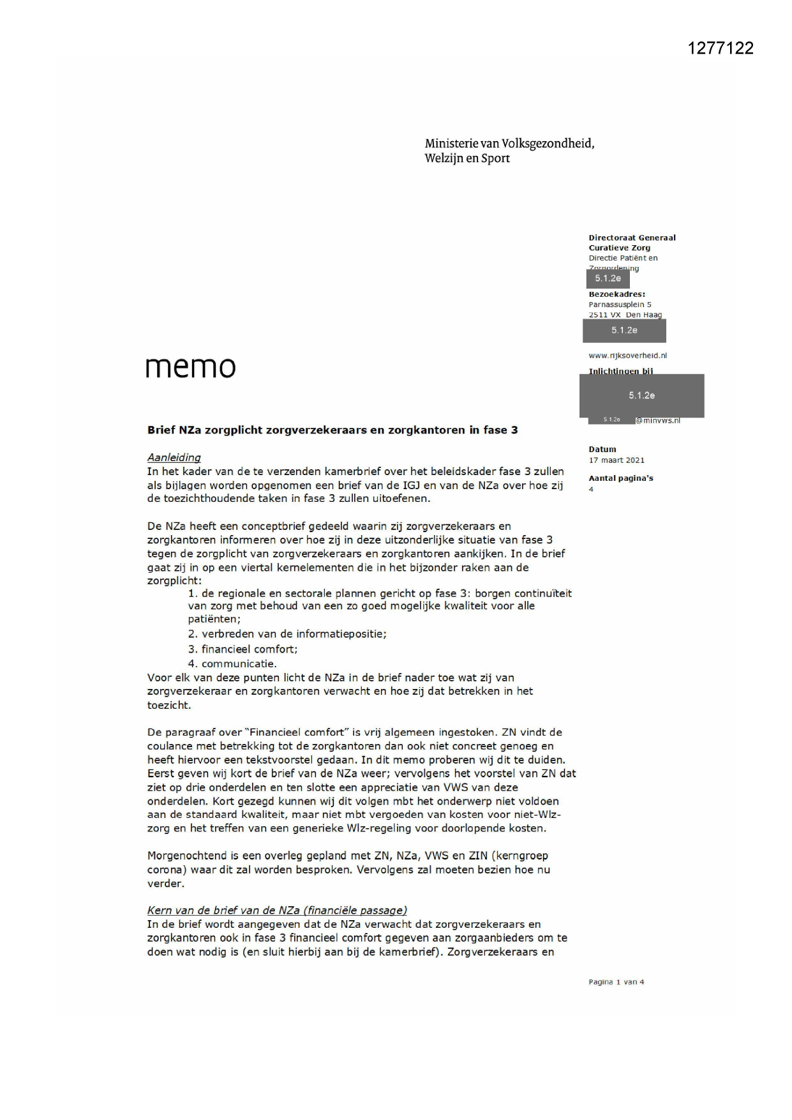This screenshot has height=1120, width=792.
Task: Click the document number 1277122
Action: [x=721, y=49]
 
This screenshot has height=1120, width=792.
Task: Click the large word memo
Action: [x=190, y=367]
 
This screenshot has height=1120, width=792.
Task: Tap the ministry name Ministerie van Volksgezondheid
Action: [x=509, y=144]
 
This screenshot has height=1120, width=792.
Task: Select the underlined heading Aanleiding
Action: [x=174, y=458]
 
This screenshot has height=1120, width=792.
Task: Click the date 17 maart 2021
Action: [x=616, y=460]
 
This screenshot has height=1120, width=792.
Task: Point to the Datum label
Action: [x=602, y=450]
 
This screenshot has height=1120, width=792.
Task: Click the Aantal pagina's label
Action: [x=620, y=478]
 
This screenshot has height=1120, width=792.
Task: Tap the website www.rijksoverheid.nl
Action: [x=627, y=356]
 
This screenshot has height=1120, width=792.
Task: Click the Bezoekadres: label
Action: [x=616, y=294]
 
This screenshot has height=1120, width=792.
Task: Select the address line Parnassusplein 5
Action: [x=620, y=305]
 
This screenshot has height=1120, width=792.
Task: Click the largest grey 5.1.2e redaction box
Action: [x=641, y=396]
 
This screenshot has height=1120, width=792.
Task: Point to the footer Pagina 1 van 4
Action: [x=616, y=982]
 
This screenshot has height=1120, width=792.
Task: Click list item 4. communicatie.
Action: [x=232, y=663]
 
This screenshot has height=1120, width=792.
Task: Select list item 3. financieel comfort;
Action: [x=243, y=649]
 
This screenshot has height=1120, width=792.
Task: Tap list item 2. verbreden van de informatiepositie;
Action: [x=287, y=634]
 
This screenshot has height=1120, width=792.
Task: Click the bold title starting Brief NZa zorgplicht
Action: [x=332, y=430]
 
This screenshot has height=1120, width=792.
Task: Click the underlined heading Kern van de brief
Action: [x=277, y=911]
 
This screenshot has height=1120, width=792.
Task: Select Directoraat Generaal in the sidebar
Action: [x=632, y=238]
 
